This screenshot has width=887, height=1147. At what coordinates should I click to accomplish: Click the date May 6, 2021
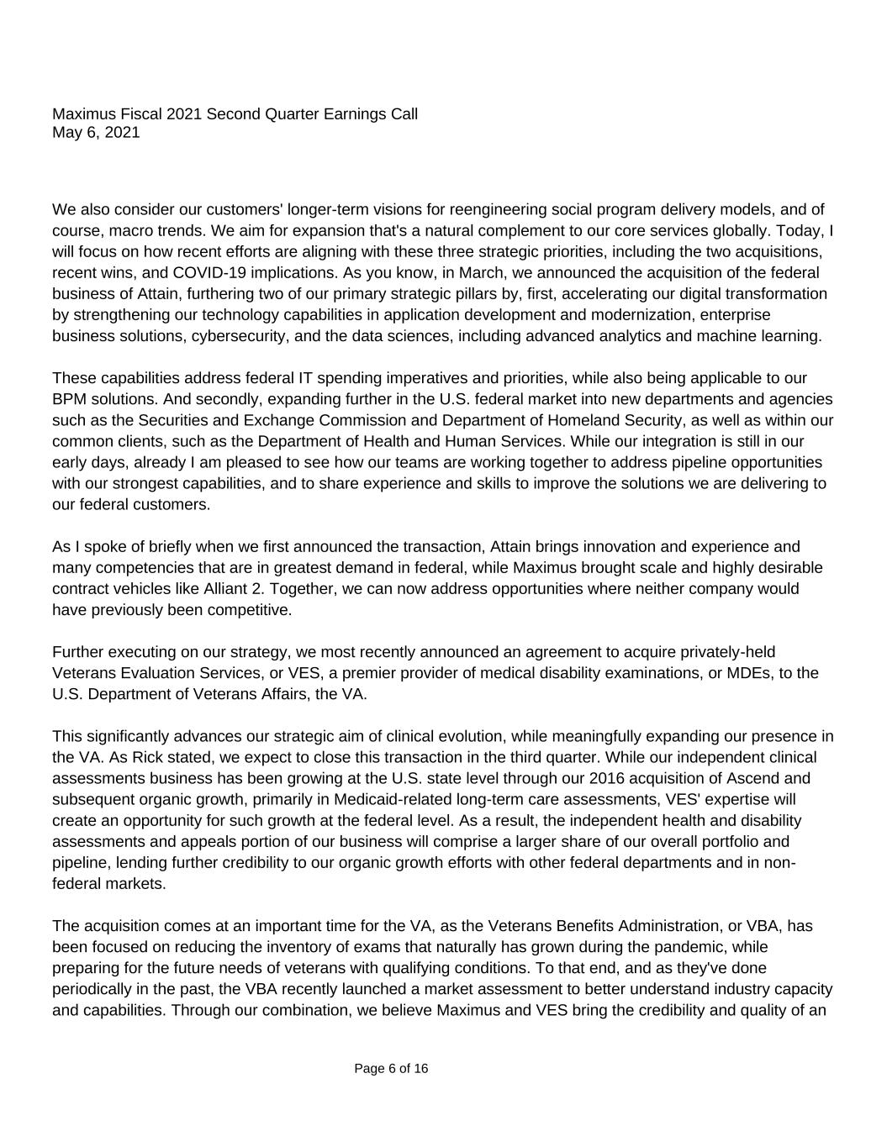96,133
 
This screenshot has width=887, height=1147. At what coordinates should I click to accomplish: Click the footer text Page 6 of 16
391,1069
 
